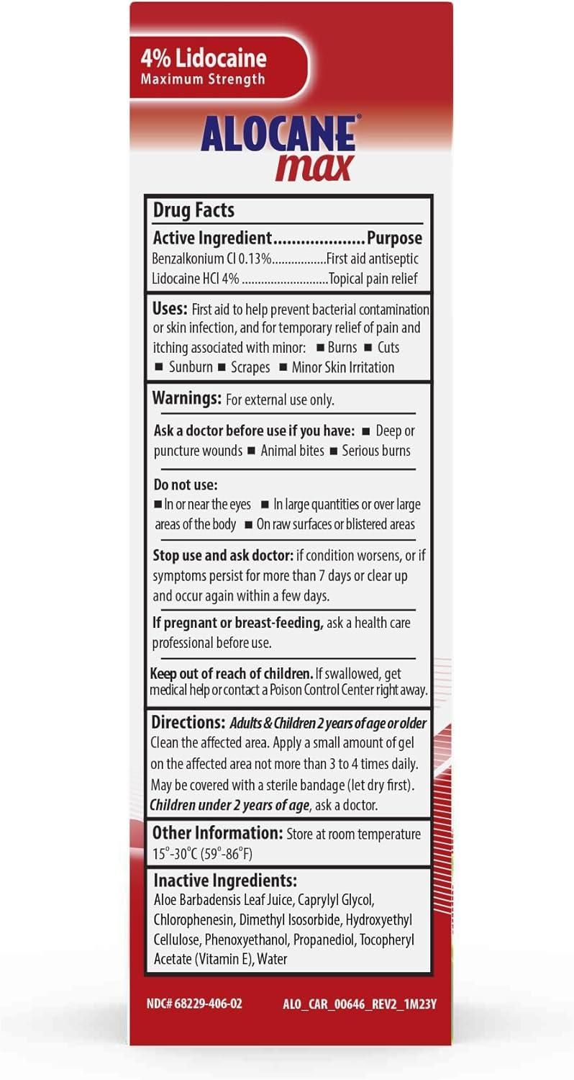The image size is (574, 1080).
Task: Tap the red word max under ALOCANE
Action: pos(314,166)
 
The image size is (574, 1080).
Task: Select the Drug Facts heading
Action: pos(193,210)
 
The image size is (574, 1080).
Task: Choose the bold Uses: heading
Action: pos(170,309)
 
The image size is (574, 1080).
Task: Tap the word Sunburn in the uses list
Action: pos(191,367)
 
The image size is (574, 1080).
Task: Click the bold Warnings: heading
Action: pos(186,398)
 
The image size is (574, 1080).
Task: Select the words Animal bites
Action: pos(292,451)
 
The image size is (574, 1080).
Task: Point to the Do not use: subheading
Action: pos(186,485)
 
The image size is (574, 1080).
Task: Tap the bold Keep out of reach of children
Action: pos(231,674)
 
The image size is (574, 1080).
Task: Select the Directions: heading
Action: pos(188,721)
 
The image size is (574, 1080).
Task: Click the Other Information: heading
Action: pos(217,833)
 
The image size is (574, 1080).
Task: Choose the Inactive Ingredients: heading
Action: pos(225,881)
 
